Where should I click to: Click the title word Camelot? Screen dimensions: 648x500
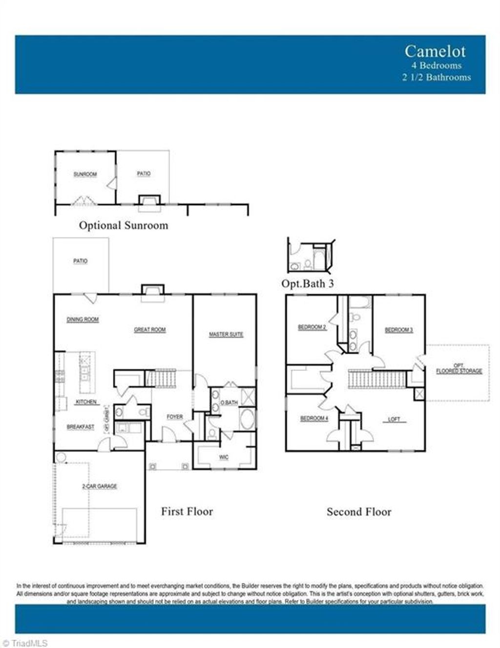[435, 51]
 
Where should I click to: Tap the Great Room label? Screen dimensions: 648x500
[150, 330]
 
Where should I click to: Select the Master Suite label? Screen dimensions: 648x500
[226, 334]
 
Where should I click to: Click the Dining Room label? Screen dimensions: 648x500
[83, 320]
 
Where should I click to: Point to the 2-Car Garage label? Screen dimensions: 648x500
[99, 486]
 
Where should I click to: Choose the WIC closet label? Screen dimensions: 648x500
[224, 457]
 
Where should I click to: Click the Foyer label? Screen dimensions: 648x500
[175, 417]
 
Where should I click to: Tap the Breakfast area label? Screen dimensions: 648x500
[81, 427]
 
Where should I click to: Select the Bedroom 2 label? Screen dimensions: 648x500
[312, 327]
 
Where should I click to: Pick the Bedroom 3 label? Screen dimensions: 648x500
[398, 330]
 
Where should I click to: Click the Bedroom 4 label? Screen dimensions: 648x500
[314, 418]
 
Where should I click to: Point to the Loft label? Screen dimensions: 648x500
[394, 419]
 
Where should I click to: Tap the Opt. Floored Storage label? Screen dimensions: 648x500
[458, 368]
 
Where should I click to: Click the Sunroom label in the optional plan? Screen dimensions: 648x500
[85, 174]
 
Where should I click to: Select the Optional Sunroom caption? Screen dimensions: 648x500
[124, 225]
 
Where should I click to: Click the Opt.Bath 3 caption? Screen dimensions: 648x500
[308, 283]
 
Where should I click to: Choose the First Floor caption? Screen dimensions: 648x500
[187, 512]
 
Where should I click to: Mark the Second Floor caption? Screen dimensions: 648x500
[359, 512]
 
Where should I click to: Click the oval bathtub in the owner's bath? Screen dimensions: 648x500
[247, 420]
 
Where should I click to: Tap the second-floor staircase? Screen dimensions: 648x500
[377, 380]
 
